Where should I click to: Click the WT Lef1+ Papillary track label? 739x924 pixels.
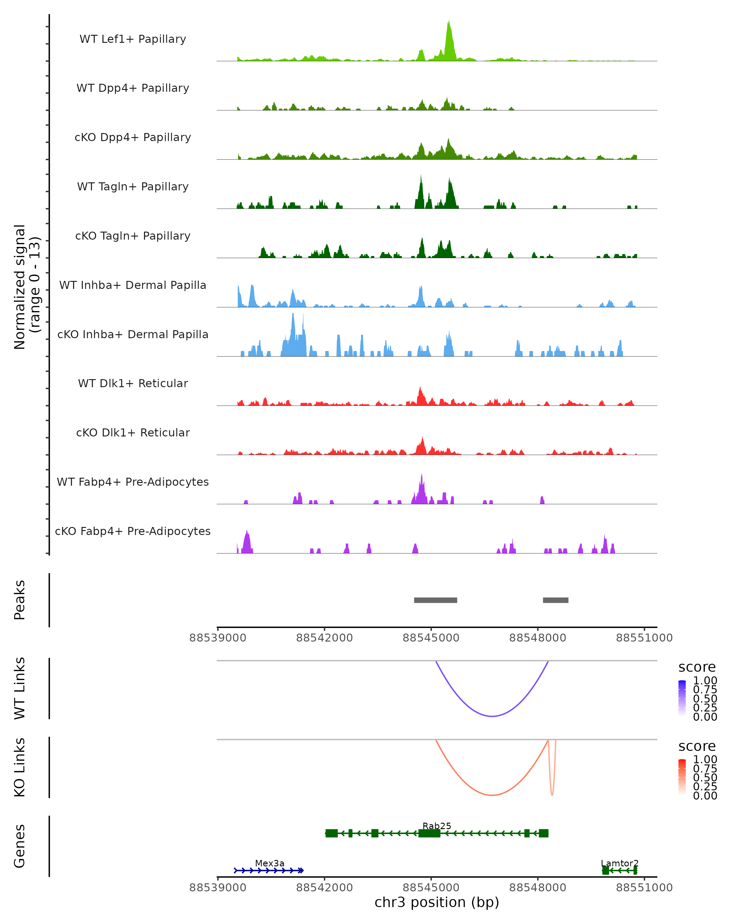[x=133, y=39]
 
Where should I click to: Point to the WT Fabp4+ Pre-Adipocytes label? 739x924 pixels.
[x=133, y=482]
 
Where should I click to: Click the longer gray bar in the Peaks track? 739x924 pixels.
[x=435, y=600]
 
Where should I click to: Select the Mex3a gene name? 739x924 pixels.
[x=269, y=863]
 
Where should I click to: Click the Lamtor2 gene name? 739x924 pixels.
[x=620, y=863]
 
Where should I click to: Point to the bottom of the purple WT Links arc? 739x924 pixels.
[x=492, y=716]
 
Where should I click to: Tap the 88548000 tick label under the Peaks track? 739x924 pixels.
[x=537, y=638]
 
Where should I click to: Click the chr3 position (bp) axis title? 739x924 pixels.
[x=437, y=902]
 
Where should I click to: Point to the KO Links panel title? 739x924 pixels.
[x=20, y=767]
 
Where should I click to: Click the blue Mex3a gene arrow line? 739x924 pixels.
[x=269, y=870]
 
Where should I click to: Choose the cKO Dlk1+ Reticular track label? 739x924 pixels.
[x=133, y=433]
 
